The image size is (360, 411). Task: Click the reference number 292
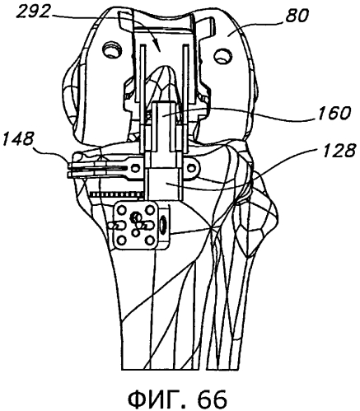33,12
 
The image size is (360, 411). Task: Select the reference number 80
297,16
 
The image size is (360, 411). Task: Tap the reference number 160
334,114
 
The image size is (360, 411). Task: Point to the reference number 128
339,151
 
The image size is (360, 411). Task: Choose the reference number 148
18,139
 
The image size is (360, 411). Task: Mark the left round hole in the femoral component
111,49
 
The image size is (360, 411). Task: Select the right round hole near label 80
222,57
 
